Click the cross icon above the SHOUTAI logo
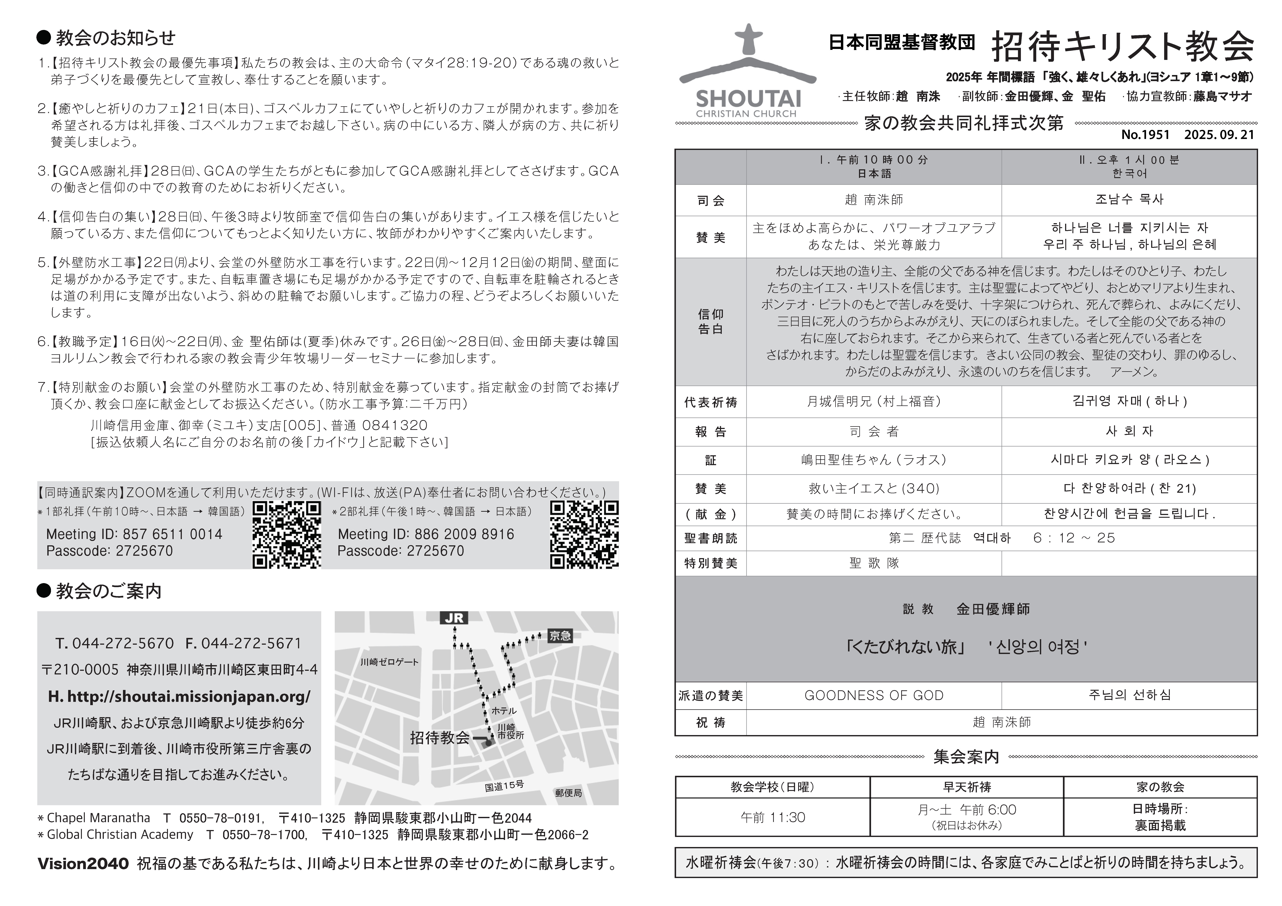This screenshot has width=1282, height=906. point(748,39)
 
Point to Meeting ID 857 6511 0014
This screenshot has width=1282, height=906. point(134,534)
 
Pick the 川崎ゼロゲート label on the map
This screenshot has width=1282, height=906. point(389,662)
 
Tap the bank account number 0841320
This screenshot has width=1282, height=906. point(395,425)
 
